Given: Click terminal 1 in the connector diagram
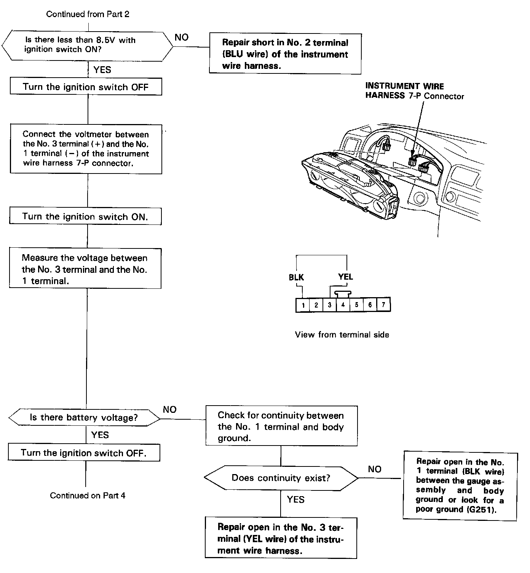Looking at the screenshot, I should coord(303,305).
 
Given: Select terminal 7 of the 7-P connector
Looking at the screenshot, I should coord(383,305).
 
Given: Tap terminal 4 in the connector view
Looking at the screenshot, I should coord(343,305).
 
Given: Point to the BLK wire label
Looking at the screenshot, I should coord(296,277).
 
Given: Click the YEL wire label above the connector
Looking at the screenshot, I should coord(345,277).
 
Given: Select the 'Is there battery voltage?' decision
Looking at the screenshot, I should coord(84,418).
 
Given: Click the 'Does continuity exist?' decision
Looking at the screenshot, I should coord(281,478).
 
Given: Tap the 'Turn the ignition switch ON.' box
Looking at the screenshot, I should coord(85,216).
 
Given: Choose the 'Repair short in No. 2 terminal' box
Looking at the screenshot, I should coord(285,54).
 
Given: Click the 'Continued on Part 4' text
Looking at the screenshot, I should coord(88,495).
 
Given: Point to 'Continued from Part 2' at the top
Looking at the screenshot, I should coord(88,14).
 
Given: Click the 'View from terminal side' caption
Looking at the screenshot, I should coord(342,335).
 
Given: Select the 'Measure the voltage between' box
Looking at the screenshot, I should coord(85,269).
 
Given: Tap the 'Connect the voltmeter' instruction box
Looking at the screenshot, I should coord(86,149).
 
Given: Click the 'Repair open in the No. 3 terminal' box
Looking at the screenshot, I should coord(281,538).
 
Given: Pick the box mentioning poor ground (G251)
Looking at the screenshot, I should coord(460,486).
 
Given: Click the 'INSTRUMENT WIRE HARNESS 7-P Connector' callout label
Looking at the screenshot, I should coord(414,91).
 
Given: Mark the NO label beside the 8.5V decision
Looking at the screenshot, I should coord(181,37).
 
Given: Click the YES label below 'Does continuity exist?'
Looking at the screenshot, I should coord(295,500).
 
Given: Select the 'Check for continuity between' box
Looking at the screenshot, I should coord(281,426).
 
